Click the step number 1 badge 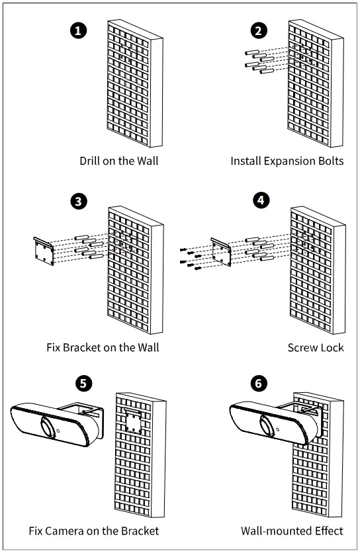[x=78, y=30]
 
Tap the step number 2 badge [x=259, y=30]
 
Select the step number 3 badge [x=78, y=201]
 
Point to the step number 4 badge [x=261, y=200]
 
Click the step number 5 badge [x=83, y=383]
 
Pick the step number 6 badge [x=259, y=383]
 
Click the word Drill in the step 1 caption [x=89, y=161]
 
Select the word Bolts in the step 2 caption [x=331, y=161]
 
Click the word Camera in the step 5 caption [x=64, y=531]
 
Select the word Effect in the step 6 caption [x=329, y=531]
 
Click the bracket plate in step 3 [x=44, y=251]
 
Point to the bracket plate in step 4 [x=221, y=252]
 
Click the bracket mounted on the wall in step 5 [x=134, y=421]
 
